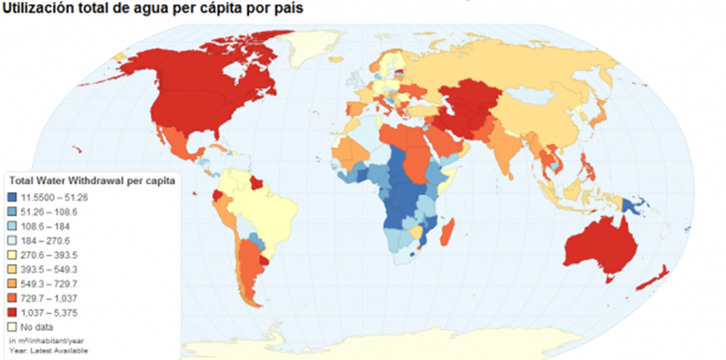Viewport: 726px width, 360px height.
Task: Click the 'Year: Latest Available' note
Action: (49, 350)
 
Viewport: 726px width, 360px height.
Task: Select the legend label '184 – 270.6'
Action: (52, 240)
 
